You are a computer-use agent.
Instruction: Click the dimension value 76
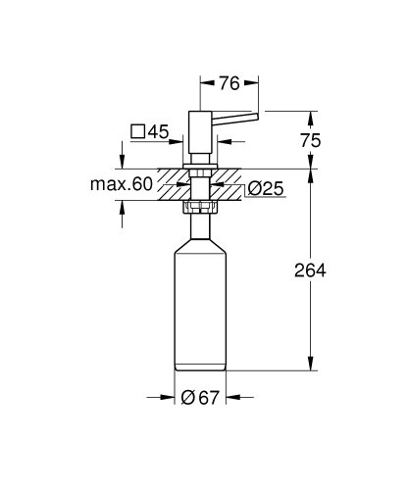click(x=230, y=84)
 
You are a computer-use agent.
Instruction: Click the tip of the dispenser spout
click(x=258, y=117)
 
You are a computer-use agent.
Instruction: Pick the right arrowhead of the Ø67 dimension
click(x=232, y=399)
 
